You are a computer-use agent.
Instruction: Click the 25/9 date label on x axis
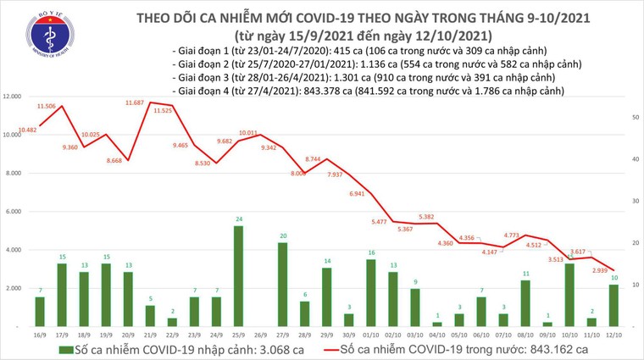[x=239, y=335]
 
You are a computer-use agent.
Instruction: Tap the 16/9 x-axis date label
[x=40, y=335]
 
